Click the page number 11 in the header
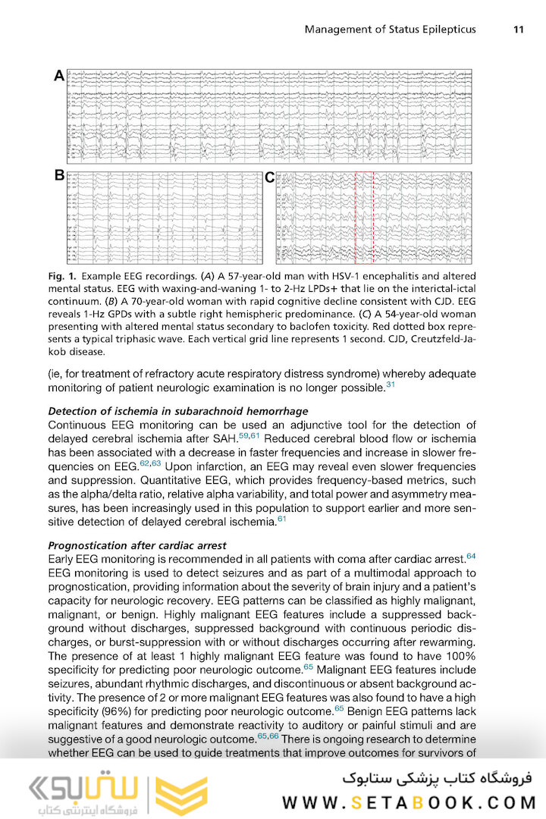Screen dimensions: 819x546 click(x=519, y=30)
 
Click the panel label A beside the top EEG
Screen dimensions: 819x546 click(x=58, y=76)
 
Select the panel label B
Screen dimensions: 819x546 click(x=58, y=176)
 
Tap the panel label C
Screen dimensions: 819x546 click(x=269, y=178)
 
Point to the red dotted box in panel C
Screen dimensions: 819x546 click(x=364, y=216)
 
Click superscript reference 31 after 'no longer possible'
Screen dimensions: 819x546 click(x=391, y=385)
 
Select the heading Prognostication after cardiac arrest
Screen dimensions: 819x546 click(x=136, y=545)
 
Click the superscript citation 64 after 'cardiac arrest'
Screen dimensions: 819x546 click(x=471, y=556)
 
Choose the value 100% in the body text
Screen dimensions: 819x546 click(x=458, y=655)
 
